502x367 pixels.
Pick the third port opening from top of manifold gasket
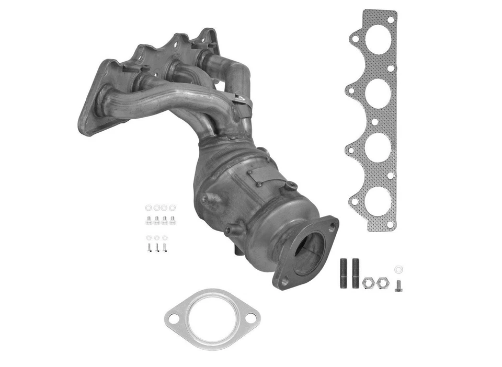point(378,148)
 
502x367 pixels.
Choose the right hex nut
point(383,283)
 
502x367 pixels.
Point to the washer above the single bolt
point(399,270)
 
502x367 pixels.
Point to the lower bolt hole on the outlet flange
point(284,281)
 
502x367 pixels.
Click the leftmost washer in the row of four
point(148,208)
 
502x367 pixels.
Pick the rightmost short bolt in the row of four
point(173,220)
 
